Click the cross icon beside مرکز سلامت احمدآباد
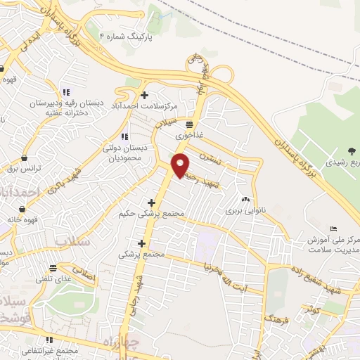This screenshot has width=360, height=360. [x=145, y=95]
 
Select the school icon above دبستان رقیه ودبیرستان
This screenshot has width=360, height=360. [x=66, y=91]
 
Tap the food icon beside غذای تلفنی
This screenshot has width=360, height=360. [x=52, y=268]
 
